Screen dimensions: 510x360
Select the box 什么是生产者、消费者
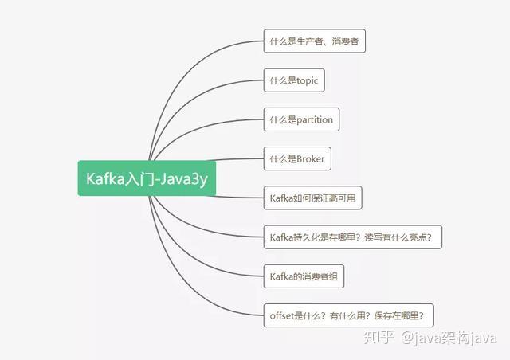pos(315,41)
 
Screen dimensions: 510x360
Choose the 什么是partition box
pos(301,119)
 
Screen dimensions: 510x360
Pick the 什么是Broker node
pos(296,158)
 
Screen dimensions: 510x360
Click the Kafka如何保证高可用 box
pos(312,197)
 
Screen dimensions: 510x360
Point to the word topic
pos(307,80)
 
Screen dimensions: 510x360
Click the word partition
pos(314,119)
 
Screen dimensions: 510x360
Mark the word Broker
pos(309,158)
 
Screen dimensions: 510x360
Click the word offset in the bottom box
pos(283,315)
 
